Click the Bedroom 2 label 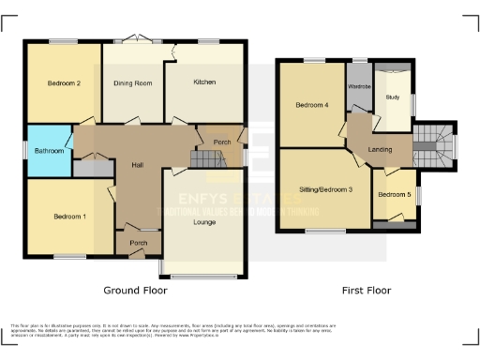[x=64, y=83]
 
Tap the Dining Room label [x=133, y=83]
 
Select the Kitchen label [x=204, y=82]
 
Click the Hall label [x=137, y=165]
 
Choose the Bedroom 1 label [x=68, y=217]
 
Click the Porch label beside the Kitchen [x=222, y=142]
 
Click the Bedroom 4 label [x=312, y=104]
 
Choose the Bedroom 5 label [x=394, y=194]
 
